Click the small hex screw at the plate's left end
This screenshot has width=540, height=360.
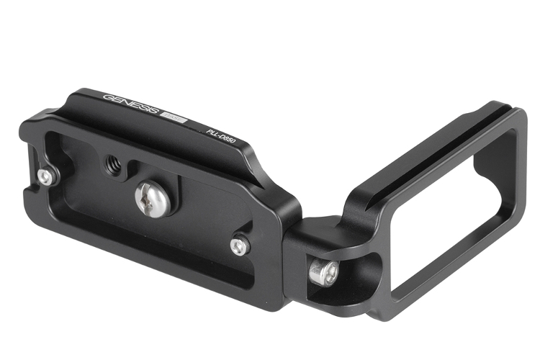(x=47, y=177)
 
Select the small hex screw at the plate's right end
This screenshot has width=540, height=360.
(x=240, y=246)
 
